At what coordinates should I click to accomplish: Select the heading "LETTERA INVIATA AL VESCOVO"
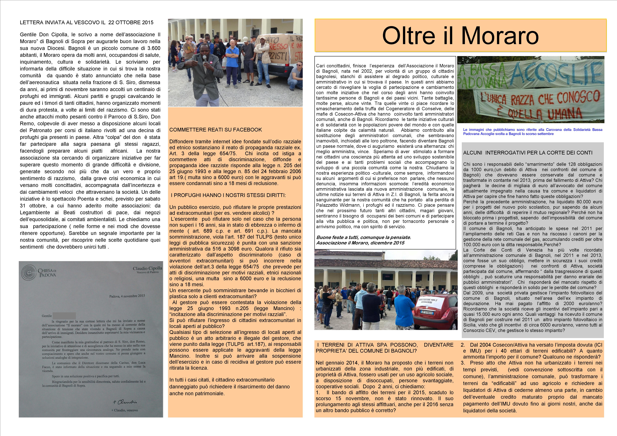87,22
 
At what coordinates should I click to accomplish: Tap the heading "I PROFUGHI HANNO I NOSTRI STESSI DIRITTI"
228,195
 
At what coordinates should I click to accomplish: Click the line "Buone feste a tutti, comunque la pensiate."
363,237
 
